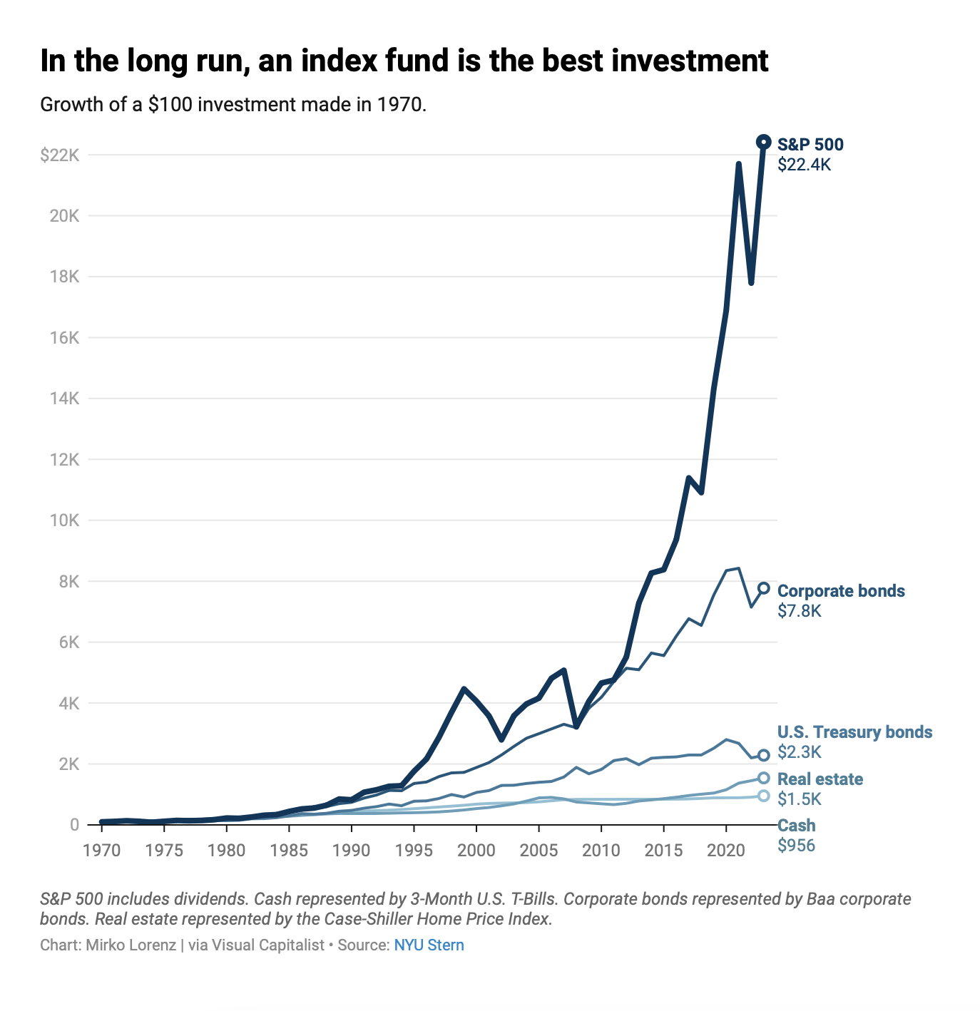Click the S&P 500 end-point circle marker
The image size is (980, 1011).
(763, 142)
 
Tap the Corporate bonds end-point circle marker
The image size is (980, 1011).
(763, 588)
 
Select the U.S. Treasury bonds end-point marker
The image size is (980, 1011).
(763, 755)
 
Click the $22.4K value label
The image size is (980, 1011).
(804, 165)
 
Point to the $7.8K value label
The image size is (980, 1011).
(799, 611)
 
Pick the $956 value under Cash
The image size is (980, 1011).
(796, 846)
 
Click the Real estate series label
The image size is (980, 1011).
(820, 779)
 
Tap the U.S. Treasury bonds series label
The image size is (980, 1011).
(854, 732)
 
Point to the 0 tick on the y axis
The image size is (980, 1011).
(74, 825)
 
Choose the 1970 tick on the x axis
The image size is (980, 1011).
(102, 850)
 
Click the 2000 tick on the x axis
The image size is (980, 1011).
(476, 850)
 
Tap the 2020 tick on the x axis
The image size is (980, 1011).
(726, 850)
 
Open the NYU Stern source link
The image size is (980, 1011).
(429, 945)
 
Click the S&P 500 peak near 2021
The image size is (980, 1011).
(738, 164)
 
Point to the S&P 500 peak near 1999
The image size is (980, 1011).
(464, 689)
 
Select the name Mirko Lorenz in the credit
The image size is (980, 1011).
(131, 945)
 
